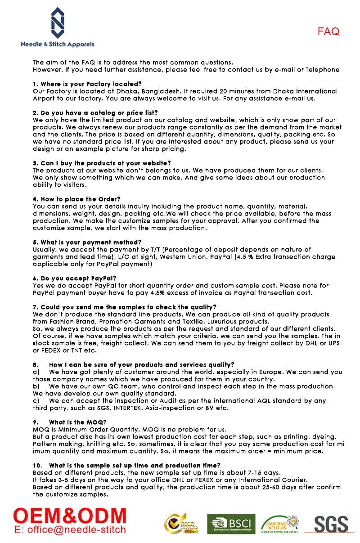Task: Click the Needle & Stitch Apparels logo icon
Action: coord(57,22)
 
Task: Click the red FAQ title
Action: coord(328,31)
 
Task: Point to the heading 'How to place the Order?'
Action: coord(76,199)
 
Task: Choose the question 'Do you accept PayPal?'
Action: coord(75,278)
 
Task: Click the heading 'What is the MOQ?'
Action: coord(77,422)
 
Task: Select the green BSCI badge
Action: coord(231,524)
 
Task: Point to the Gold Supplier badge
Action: coord(181,524)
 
